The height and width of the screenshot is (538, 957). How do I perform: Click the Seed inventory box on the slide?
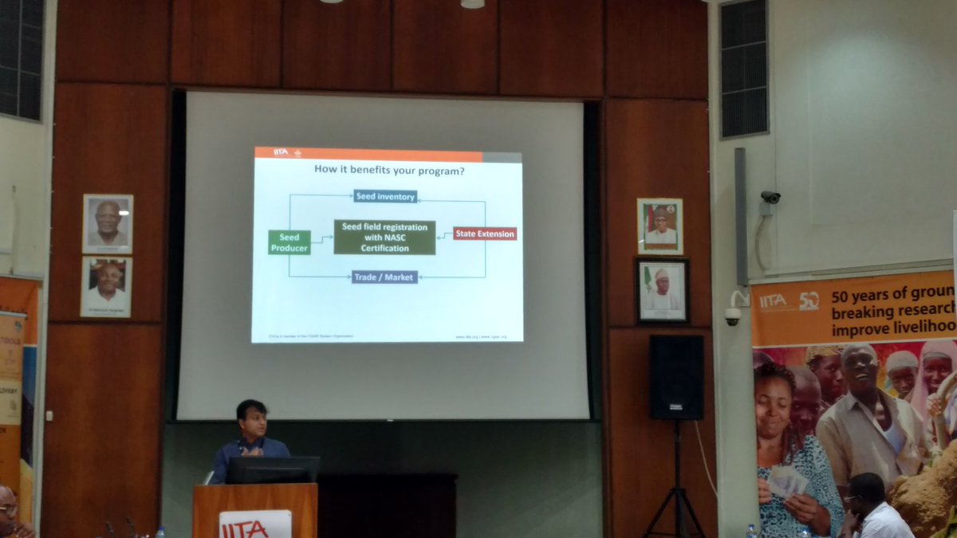[385, 196]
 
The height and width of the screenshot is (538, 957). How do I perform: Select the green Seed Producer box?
[289, 242]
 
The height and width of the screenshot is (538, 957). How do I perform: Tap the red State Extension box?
[485, 234]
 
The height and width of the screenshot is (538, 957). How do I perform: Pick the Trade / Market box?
[384, 277]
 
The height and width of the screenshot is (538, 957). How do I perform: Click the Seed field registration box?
[384, 238]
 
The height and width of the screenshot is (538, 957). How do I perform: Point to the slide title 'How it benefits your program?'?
[389, 170]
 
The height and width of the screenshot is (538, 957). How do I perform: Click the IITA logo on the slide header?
[281, 152]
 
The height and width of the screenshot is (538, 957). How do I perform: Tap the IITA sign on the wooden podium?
[255, 523]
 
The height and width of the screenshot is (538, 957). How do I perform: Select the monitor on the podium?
[273, 469]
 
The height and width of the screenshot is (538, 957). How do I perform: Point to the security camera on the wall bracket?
[770, 197]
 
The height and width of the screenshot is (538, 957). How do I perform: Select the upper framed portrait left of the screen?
[108, 224]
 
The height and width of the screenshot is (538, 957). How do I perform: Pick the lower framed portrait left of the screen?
[106, 287]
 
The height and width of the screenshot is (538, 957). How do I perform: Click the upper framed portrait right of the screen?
[660, 226]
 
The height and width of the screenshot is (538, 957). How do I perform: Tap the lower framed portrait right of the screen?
[662, 290]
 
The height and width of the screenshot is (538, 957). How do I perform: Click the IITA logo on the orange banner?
[773, 301]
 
